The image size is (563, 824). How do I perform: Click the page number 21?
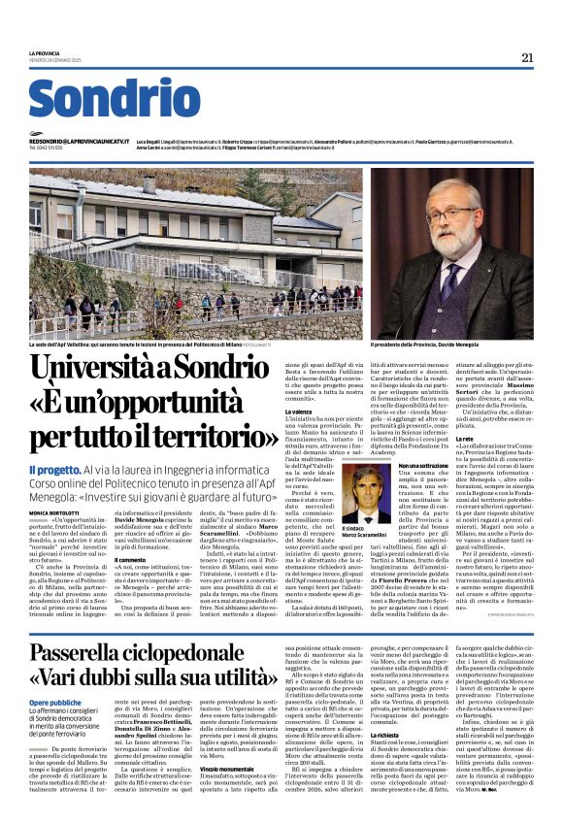[527, 57]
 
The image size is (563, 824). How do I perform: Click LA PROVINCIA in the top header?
[47, 52]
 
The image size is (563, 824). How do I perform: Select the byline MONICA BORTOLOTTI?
[57, 510]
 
